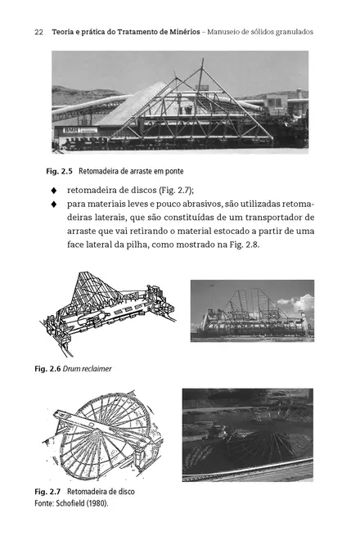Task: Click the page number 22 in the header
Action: point(38,32)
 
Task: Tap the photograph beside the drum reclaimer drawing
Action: point(251,311)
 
